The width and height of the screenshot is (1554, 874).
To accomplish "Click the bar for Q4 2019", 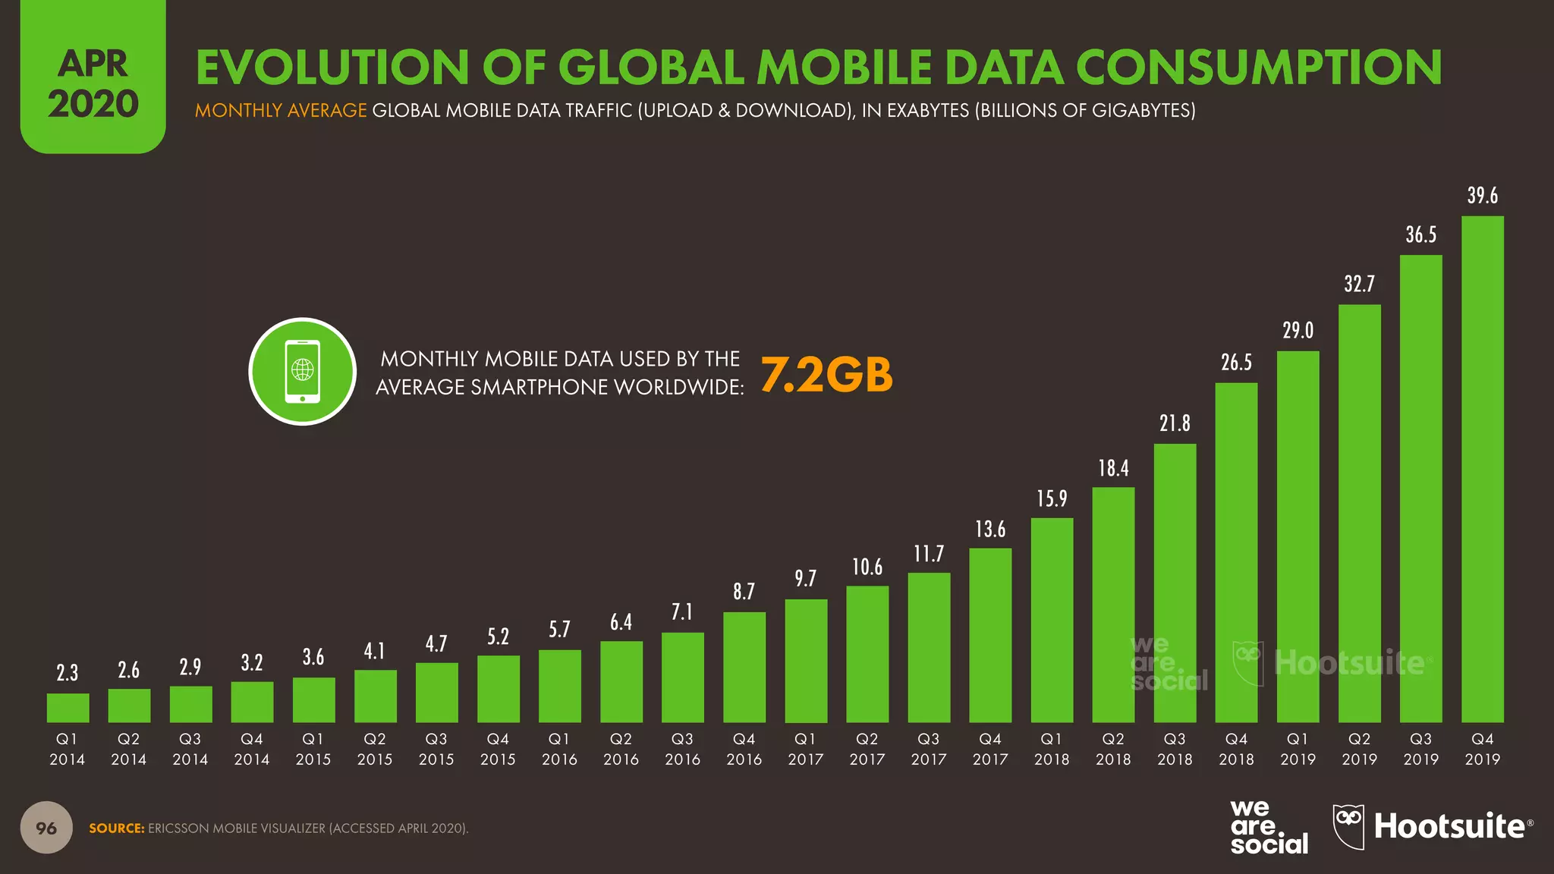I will click(x=1482, y=470).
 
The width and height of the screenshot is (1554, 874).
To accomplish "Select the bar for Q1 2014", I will click(x=68, y=708).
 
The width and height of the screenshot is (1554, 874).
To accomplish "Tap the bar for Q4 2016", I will click(x=744, y=668).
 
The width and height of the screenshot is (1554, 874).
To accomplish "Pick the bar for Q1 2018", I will click(x=1052, y=621).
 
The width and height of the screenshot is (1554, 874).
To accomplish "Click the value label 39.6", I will click(x=1482, y=196).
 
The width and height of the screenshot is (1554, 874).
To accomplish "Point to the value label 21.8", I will click(x=1175, y=423).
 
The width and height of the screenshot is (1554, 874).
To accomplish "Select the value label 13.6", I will click(x=990, y=529).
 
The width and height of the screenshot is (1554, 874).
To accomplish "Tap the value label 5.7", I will click(x=559, y=630).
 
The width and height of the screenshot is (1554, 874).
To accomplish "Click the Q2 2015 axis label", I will click(x=375, y=749).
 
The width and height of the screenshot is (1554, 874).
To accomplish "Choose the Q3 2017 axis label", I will click(x=929, y=749).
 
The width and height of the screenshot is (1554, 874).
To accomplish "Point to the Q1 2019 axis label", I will click(x=1298, y=749).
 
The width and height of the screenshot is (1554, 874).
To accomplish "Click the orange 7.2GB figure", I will click(x=826, y=375).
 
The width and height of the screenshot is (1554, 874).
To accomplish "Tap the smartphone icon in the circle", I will click(x=302, y=372).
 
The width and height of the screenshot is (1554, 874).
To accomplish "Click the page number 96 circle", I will click(x=46, y=828).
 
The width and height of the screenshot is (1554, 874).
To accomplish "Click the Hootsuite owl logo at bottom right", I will click(x=1348, y=827).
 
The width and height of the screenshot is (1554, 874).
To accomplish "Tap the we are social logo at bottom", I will click(x=1269, y=827).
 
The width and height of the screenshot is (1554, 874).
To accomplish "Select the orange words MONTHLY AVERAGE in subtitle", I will click(x=281, y=111).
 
